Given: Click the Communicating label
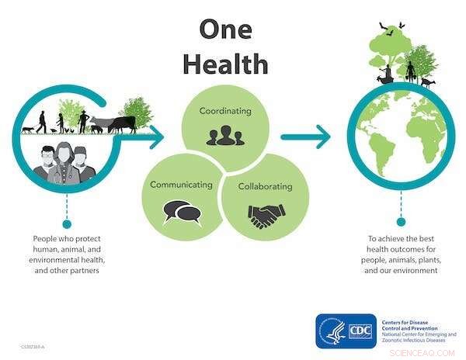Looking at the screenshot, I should (181, 185).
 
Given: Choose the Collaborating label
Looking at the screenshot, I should (266, 186).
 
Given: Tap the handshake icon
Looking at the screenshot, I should (266, 216).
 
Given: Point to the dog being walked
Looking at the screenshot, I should (28, 129).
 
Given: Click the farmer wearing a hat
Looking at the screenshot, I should (83, 121).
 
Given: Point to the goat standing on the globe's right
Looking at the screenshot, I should (427, 81).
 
